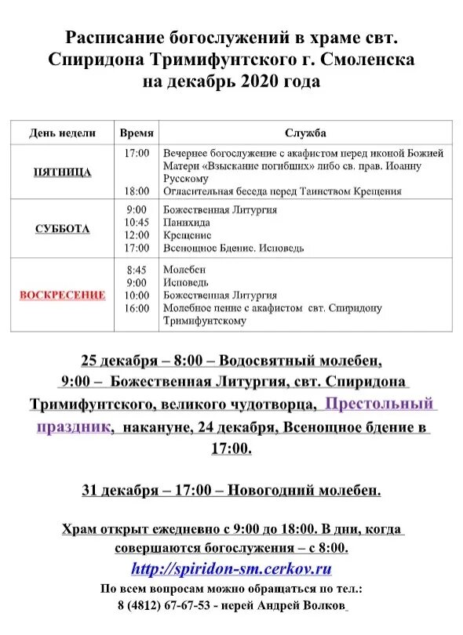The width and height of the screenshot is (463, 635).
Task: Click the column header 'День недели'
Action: tap(63, 133)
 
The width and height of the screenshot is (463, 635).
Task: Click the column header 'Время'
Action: tap(137, 133)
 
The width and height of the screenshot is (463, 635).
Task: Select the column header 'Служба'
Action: tap(306, 133)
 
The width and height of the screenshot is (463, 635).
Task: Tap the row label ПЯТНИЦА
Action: tap(63, 172)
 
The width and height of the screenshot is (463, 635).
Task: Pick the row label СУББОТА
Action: tap(63, 229)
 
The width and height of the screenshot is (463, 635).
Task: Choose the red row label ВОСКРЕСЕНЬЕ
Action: tap(63, 295)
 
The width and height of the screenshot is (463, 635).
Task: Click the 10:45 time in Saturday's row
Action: tap(137, 223)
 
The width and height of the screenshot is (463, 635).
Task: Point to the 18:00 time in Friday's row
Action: tap(137, 190)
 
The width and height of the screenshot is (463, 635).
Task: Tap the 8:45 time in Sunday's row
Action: tap(137, 270)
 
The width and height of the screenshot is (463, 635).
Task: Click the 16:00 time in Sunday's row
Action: tap(137, 308)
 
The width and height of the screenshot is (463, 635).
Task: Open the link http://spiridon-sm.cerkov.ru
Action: tap(231, 569)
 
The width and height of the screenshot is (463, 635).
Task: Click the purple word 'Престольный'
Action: tap(380, 405)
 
